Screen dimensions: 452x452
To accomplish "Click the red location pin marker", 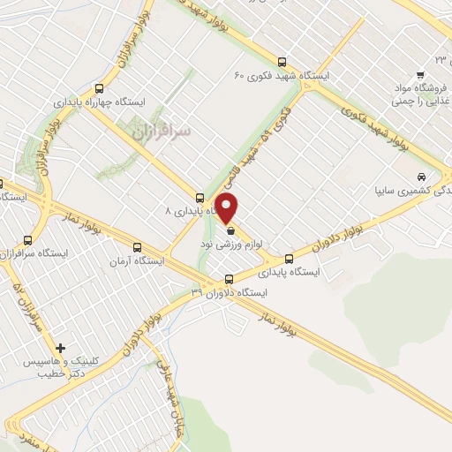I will tap(229, 209).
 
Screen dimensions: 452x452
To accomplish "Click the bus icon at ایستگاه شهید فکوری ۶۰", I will tap(282, 62).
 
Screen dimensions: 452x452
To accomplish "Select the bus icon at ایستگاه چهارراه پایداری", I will tap(99, 87).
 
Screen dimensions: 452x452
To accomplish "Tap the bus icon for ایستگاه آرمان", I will tap(136, 248).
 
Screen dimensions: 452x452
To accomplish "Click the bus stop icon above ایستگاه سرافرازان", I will tap(28, 239).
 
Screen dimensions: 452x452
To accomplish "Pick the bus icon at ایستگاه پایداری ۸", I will tap(200, 198).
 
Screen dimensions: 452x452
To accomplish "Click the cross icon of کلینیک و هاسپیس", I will tap(60, 348).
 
